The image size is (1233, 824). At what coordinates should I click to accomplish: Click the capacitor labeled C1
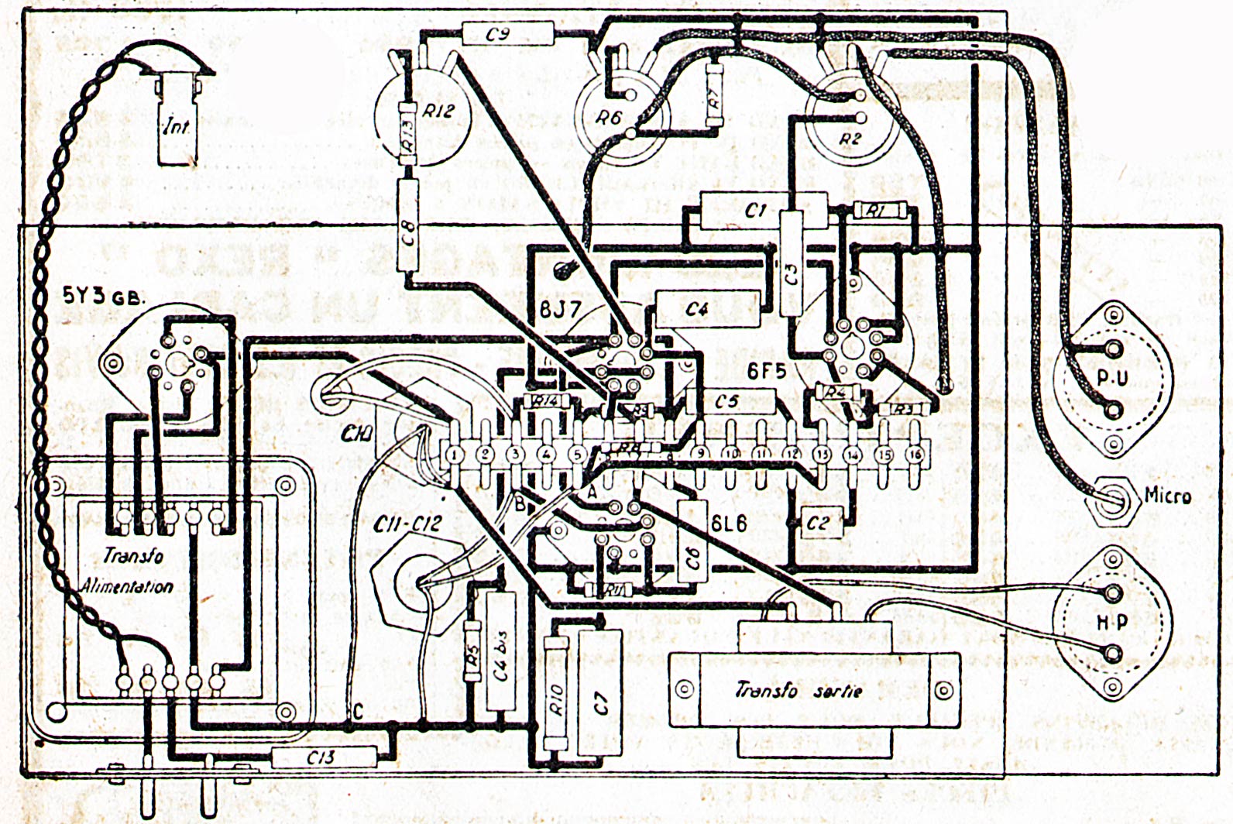click(x=754, y=209)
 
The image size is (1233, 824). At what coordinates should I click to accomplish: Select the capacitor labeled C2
click(x=818, y=523)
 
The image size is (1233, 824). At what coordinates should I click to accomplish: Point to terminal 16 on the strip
click(x=914, y=455)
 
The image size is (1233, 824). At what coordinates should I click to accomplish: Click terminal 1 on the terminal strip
click(x=455, y=455)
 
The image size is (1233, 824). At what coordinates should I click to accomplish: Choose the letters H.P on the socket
click(x=1110, y=623)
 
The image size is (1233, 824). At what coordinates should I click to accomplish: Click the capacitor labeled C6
click(x=693, y=541)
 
